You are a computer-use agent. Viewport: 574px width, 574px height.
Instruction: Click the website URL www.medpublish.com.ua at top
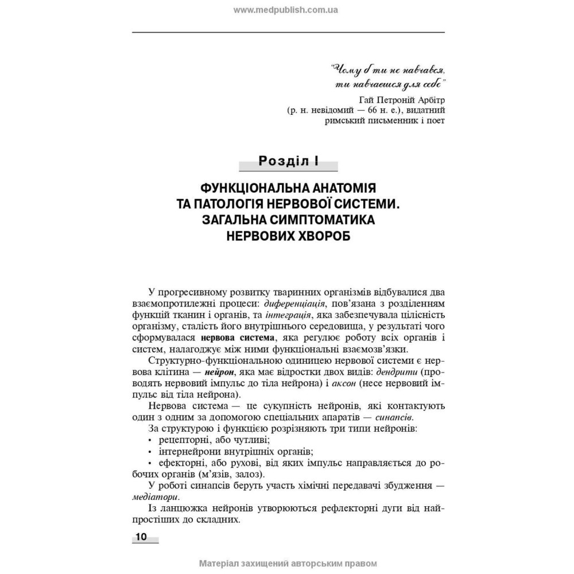pyautogui.click(x=286, y=10)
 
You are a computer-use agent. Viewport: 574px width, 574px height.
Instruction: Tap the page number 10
pyautogui.click(x=141, y=537)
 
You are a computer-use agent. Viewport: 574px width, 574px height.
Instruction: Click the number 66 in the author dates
pyautogui.click(x=376, y=110)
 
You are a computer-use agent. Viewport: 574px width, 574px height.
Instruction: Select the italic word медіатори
pyautogui.click(x=154, y=497)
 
